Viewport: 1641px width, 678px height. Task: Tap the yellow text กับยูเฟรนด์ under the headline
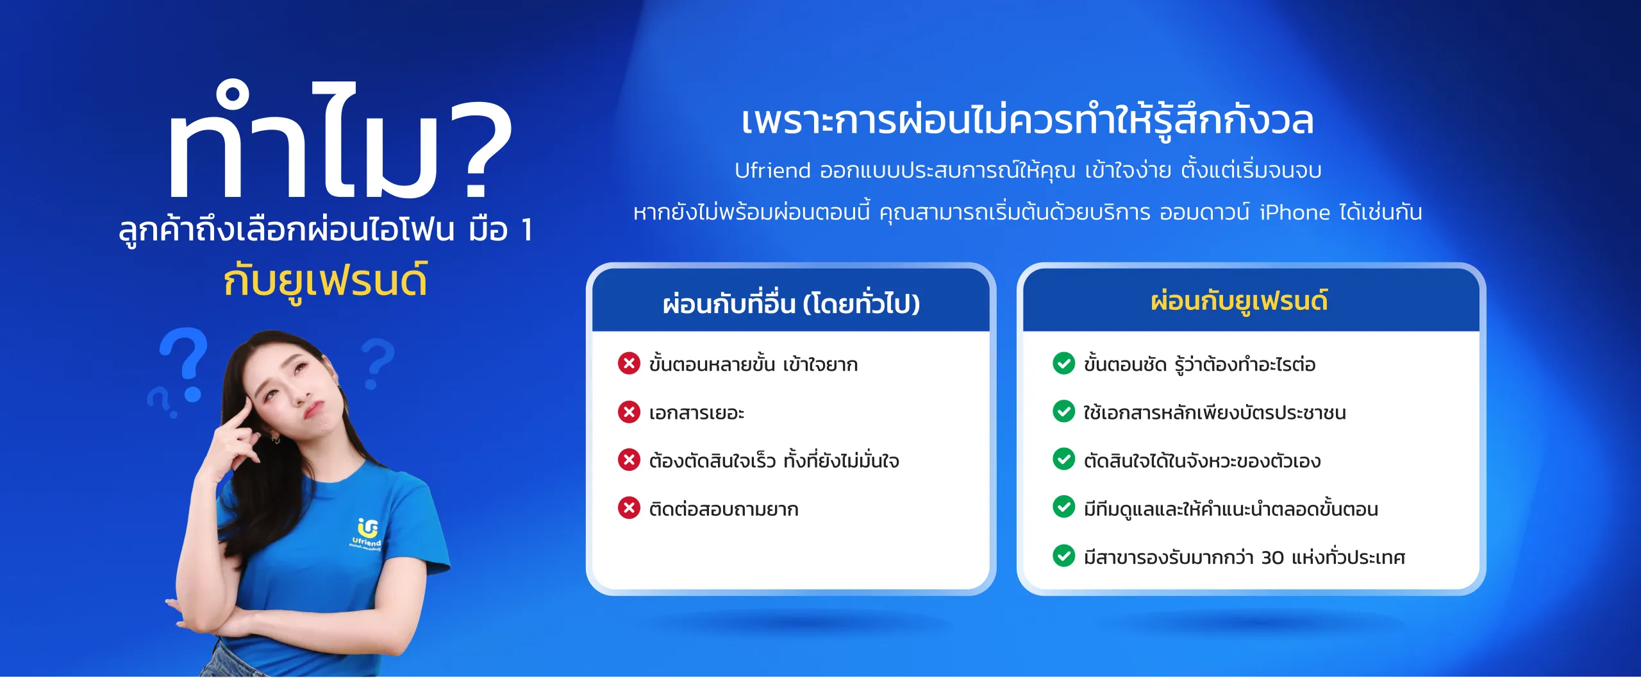pos(325,281)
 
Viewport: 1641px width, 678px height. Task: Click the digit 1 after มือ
pos(527,230)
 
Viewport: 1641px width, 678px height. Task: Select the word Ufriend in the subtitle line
pos(772,171)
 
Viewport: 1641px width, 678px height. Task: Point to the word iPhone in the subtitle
pos(1295,212)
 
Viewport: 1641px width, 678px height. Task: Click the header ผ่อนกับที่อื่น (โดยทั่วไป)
pos(791,303)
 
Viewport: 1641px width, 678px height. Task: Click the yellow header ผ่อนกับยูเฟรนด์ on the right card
pos(1239,301)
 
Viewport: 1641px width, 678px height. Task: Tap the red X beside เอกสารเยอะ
pos(629,412)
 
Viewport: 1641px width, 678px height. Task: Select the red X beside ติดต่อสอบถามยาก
pos(629,508)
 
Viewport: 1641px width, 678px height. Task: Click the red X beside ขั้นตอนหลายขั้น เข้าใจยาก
pos(629,363)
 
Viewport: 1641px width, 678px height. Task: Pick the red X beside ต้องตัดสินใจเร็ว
pos(629,460)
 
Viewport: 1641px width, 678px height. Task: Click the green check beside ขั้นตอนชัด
pos(1063,363)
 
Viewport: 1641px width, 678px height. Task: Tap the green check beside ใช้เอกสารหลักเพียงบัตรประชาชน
pos(1063,411)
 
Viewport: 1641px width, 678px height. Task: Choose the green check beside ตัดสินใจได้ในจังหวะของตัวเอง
pos(1063,459)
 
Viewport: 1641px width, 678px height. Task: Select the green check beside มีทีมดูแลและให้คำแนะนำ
pos(1063,507)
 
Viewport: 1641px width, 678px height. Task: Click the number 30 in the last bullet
pos(1272,557)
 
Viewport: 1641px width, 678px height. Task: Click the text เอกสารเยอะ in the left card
pos(696,412)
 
